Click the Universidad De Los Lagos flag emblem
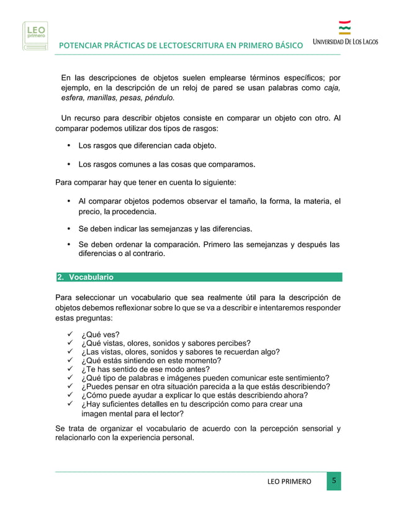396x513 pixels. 344,28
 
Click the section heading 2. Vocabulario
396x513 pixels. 85,277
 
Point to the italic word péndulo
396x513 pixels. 158,98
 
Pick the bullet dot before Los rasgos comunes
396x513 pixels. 68,165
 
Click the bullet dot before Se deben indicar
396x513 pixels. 68,228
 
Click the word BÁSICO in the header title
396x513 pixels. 287,46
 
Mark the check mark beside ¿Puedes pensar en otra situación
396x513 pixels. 71,386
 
